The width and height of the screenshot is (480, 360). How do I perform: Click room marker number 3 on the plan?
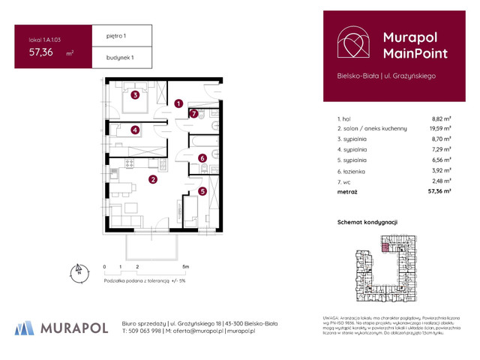point(134,95)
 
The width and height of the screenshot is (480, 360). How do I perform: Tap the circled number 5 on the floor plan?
point(202,191)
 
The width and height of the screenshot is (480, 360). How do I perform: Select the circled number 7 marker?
point(193,114)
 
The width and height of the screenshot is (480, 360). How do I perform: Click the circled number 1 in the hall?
point(178,103)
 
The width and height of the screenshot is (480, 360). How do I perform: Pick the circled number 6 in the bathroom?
point(202,158)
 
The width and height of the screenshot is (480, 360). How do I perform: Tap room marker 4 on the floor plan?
point(134,130)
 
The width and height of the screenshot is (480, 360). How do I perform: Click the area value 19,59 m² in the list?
point(440,129)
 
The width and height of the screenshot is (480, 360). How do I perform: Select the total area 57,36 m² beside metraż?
point(439,192)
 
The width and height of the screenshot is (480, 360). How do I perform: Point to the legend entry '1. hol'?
point(345,118)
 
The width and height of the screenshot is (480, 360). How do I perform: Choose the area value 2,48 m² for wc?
point(441,181)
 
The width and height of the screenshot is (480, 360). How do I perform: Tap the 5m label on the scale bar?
point(185,267)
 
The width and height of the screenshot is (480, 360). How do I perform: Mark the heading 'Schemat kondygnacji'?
point(367,223)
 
